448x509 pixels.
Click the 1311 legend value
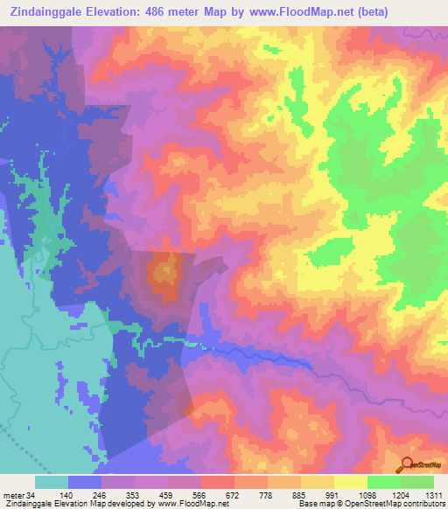coord(433,494)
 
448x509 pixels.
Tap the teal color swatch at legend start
coord(52,482)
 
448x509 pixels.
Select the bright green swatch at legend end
coord(417,482)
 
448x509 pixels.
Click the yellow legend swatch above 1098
coord(351,482)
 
